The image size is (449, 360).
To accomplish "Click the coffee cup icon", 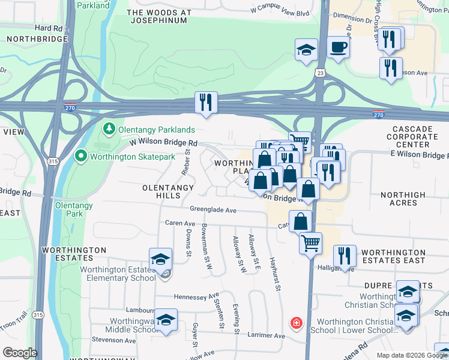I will [x=339, y=47].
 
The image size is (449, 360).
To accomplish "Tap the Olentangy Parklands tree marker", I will [x=109, y=129].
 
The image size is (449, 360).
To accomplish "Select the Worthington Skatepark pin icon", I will [x=81, y=157].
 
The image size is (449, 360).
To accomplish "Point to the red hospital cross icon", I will [x=296, y=323].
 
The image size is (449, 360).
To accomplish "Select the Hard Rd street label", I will [x=49, y=28].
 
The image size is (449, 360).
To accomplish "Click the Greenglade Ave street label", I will [x=213, y=210].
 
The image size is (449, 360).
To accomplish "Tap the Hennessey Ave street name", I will [x=196, y=296].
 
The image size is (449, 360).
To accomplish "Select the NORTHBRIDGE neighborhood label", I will [x=28, y=38].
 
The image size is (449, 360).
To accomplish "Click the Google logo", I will [x=20, y=352].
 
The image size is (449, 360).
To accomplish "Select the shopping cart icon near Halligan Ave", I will [x=310, y=243].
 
